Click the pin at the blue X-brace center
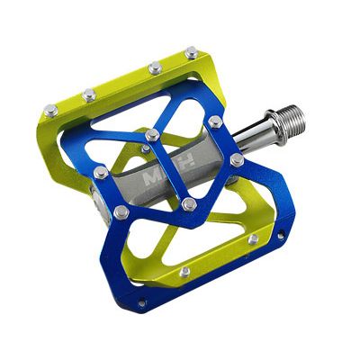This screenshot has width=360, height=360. point(153,135)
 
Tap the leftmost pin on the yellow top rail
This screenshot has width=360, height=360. point(51,110)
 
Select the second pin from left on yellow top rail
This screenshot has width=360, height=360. point(89,94)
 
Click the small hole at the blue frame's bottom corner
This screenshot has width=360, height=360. point(141,304)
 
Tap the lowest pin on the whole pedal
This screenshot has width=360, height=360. point(184,272)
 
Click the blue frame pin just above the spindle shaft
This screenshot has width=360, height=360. point(215,120)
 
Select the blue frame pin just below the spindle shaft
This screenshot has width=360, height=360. point(237,159)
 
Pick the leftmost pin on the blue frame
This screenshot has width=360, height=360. point(101,171)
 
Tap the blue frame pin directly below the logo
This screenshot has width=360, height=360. point(189,204)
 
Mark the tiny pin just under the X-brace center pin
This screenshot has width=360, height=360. point(146,148)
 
